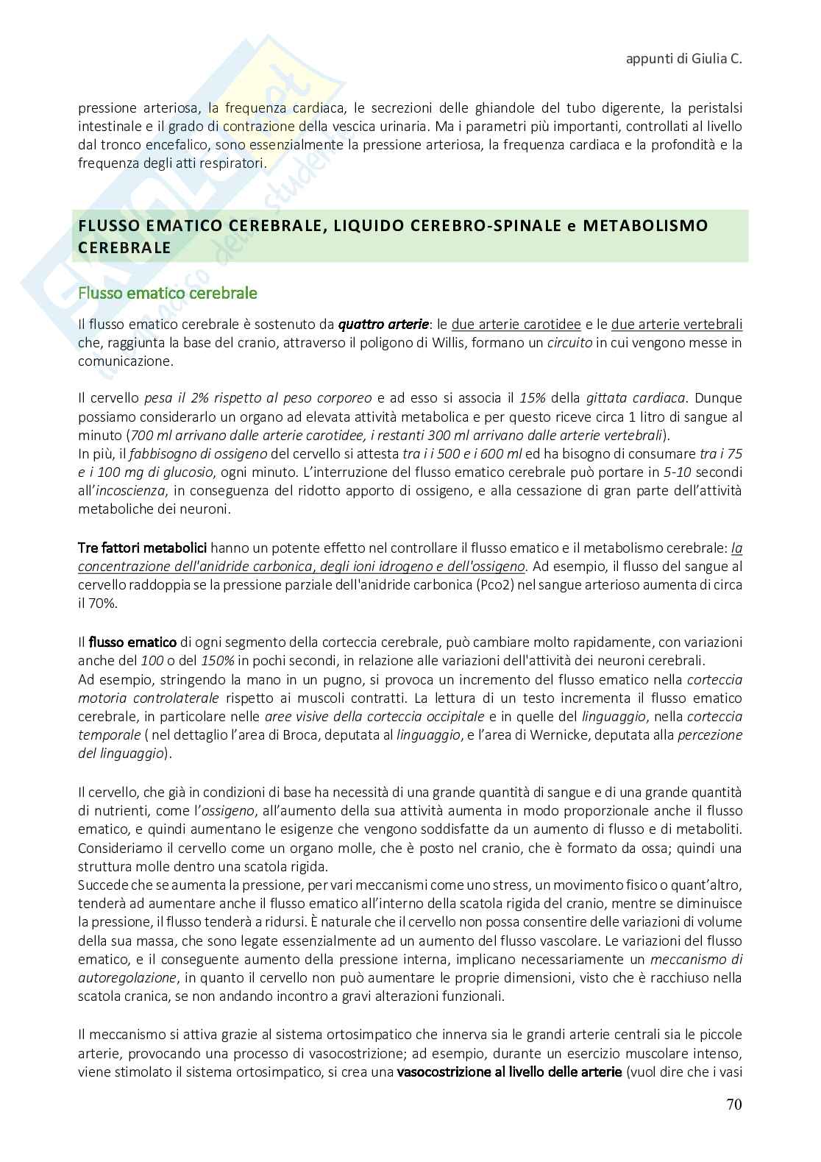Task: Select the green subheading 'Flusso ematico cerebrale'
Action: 168,293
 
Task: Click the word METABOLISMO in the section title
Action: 644,225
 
